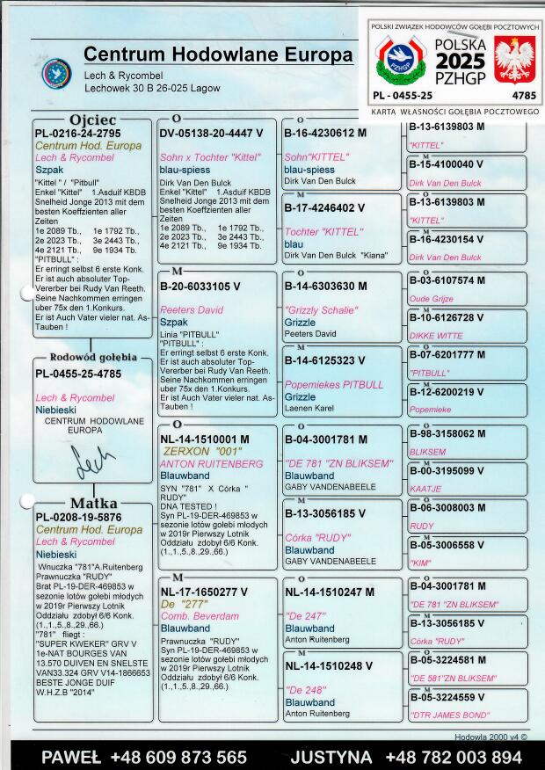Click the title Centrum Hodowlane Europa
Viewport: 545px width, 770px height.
coord(218,55)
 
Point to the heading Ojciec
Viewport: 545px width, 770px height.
coord(92,120)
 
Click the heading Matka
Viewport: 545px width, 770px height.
coord(94,504)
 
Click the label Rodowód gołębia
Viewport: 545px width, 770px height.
coord(93,358)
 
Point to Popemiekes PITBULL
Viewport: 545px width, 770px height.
coord(333,385)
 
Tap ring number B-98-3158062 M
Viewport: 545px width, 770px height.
coord(447,434)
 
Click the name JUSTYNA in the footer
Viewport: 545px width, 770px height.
coord(332,757)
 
